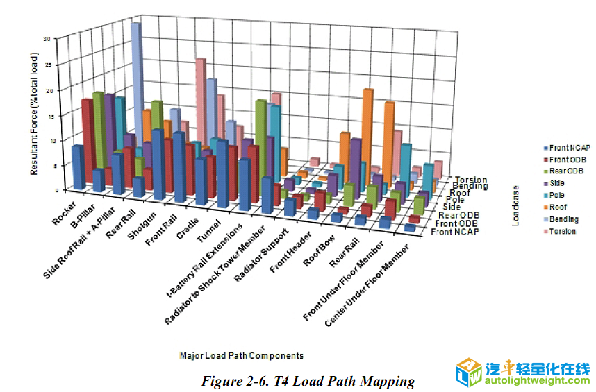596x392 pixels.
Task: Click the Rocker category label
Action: click(65, 211)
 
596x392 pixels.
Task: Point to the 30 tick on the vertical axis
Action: click(47, 39)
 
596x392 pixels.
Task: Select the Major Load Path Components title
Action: click(241, 356)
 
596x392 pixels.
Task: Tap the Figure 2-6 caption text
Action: click(308, 381)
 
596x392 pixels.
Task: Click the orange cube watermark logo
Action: click(468, 373)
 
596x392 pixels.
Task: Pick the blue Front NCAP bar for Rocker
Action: click(78, 167)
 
